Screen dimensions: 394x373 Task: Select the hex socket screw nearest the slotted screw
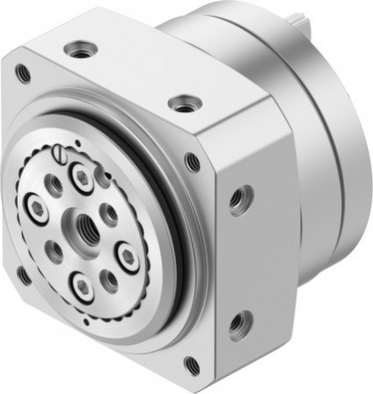[82, 175]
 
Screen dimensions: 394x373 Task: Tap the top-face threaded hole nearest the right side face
[183, 105]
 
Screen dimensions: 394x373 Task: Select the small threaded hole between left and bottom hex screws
[55, 252]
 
